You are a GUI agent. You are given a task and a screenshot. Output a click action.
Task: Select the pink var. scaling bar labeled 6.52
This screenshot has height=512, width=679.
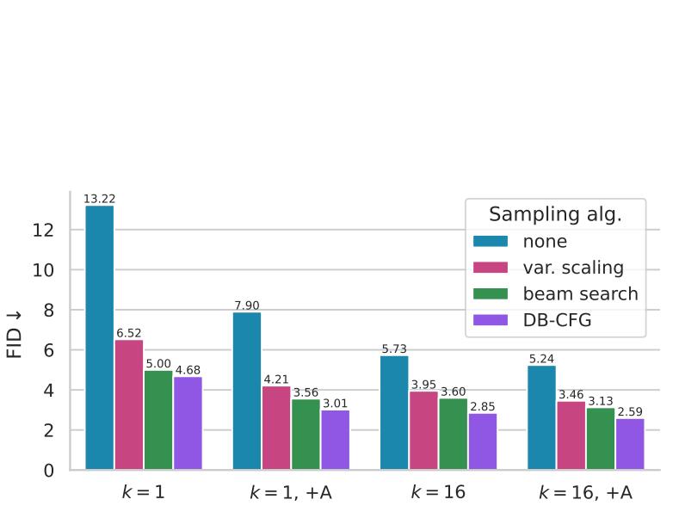[x=129, y=404]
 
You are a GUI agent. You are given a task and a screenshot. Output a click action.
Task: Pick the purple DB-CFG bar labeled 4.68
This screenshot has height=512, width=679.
[x=188, y=423]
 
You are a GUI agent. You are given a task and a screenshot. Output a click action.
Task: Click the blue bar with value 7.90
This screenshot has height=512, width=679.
[x=247, y=391]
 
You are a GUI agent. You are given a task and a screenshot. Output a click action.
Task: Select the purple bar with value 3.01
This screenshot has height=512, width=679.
[x=335, y=440]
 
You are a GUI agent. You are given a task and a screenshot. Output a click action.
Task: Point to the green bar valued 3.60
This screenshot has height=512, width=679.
[x=453, y=434]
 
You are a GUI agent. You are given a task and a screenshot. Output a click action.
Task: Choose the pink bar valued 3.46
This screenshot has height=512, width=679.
[x=571, y=435]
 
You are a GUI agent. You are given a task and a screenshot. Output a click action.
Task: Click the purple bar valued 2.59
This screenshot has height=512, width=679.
[x=629, y=444]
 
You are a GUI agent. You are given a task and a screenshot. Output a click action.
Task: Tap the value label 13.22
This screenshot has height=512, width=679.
[x=100, y=199]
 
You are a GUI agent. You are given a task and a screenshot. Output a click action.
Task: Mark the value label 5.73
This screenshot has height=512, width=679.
[x=394, y=349]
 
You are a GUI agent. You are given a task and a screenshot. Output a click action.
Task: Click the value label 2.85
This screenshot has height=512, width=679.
[x=483, y=406]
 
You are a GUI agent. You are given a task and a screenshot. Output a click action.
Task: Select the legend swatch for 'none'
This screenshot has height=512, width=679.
[x=491, y=242]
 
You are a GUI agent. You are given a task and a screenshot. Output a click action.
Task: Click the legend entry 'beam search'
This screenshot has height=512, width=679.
[x=580, y=293]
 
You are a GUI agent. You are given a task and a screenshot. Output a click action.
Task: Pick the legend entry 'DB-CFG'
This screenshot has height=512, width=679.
[x=557, y=320]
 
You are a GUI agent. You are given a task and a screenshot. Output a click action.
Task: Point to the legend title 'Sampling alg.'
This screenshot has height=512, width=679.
[x=555, y=214]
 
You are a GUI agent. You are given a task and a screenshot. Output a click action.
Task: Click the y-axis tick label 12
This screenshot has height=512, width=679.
[x=45, y=231]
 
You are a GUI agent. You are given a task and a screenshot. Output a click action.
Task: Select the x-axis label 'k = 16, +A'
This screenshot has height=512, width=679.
[x=585, y=492]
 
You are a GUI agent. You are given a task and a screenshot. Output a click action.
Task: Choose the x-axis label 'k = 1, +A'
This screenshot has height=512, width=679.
[x=290, y=492]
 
